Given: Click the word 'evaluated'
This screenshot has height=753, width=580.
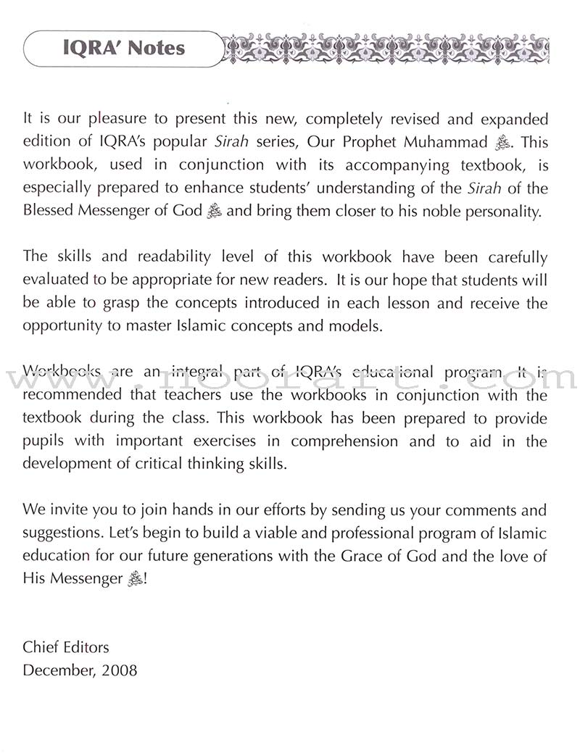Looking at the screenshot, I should pyautogui.click(x=56, y=280).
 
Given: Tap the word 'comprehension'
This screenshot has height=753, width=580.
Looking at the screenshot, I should pyautogui.click(x=347, y=441).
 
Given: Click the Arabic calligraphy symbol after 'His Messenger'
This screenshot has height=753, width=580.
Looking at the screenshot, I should pyautogui.click(x=134, y=580).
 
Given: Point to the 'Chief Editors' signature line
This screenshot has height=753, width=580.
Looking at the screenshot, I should pyautogui.click(x=66, y=647).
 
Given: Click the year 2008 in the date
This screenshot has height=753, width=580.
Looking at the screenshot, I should pyautogui.click(x=119, y=670).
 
